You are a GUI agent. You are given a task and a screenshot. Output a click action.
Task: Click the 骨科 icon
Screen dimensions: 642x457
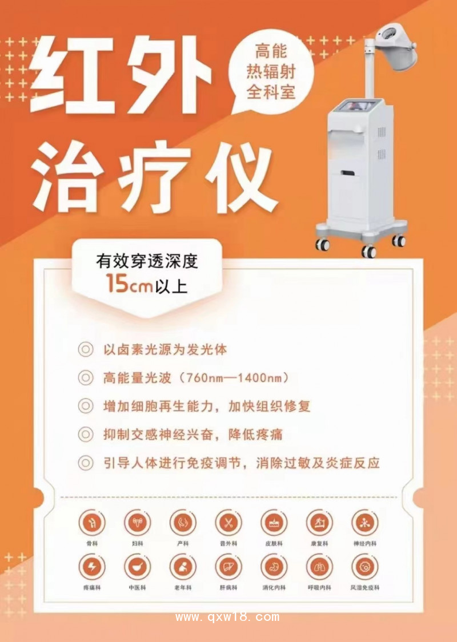pos(91,522)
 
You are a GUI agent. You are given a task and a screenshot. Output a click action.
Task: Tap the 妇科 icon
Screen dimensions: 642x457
pos(137,522)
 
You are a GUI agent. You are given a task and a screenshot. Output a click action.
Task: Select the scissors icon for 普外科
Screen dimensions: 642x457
pos(228,522)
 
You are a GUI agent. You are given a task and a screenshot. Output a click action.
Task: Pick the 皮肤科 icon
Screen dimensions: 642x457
pos(274,522)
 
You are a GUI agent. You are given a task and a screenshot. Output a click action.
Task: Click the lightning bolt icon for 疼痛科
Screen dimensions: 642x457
pos(91,566)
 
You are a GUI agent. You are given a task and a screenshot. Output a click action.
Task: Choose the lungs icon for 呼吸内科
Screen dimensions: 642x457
pos(319,566)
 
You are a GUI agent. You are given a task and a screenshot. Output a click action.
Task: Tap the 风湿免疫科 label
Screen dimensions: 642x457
pos(365,587)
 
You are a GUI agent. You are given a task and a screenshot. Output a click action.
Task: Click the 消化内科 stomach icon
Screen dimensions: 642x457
pos(274,566)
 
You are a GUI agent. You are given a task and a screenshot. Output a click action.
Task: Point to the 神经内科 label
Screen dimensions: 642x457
pos(365,543)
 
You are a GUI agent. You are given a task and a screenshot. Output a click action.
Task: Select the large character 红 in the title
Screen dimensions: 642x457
pos(74,74)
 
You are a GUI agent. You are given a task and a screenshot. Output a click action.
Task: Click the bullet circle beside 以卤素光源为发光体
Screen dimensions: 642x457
pos(85,349)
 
